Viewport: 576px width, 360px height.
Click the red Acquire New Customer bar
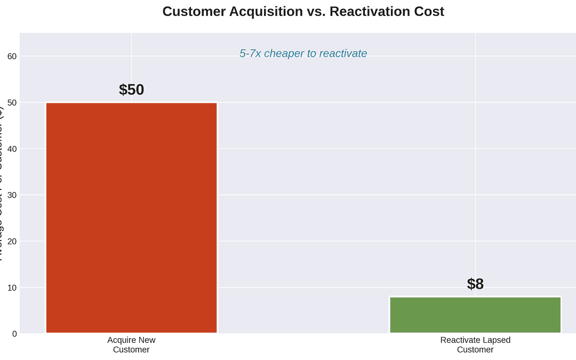coord(131,218)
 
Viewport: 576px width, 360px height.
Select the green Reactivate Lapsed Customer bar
coord(475,315)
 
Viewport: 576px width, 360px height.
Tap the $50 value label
coord(131,90)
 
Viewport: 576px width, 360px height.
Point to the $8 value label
coord(475,284)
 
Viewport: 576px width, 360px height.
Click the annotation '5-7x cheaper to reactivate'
coord(303,53)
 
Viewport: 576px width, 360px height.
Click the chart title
coord(303,11)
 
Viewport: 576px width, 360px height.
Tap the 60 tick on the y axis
coord(12,56)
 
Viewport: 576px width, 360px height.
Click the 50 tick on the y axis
coord(12,102)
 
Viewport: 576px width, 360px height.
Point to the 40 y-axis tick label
coord(12,149)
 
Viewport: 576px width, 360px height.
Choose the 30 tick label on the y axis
coord(12,195)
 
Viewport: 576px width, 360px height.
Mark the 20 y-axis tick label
coord(12,241)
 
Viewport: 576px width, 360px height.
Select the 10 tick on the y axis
coord(12,287)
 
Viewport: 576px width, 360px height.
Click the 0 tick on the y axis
coord(14,334)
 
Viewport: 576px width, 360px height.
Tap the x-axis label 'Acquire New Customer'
coord(131,345)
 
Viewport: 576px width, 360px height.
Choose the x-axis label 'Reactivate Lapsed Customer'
coord(475,345)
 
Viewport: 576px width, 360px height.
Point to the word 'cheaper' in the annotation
coord(284,53)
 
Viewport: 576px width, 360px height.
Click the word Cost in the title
coord(429,11)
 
